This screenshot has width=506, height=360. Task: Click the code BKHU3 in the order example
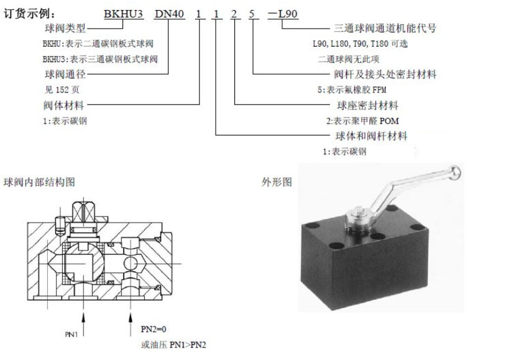tap(124, 14)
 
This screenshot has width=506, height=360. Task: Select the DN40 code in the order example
tap(170, 14)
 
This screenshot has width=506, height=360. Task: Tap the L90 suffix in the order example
tap(288, 14)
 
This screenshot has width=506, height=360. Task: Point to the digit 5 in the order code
tap(252, 14)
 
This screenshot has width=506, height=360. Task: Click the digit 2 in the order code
tap(234, 14)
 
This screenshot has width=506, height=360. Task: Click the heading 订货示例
tap(29, 14)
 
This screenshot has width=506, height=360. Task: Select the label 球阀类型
tap(65, 28)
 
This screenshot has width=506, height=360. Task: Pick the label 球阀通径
tap(65, 74)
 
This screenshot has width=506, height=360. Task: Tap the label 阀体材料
tap(64, 105)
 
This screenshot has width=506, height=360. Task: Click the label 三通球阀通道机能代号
tap(385, 28)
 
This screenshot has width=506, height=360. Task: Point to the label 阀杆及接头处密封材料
tap(385, 74)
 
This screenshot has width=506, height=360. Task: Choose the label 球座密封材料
tap(367, 105)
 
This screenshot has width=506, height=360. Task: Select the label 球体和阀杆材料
tap(372, 136)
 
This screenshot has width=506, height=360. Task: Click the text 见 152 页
tap(62, 90)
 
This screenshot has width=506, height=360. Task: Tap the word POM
tap(389, 121)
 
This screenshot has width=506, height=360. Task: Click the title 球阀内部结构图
tap(39, 182)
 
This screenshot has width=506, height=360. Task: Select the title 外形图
tap(277, 182)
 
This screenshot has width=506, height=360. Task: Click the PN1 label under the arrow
tap(71, 335)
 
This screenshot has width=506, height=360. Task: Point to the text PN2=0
tap(154, 330)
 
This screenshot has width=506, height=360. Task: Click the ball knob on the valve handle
tap(455, 172)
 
